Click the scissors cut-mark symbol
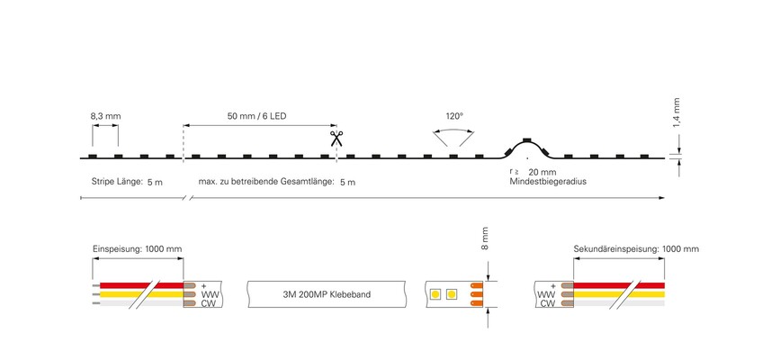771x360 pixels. pyautogui.click(x=336, y=139)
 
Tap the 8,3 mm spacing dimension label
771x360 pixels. pyautogui.click(x=105, y=117)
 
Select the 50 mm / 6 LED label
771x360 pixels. pyautogui.click(x=256, y=117)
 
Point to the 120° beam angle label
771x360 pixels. pyautogui.click(x=454, y=117)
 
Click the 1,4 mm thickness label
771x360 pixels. pyautogui.click(x=677, y=112)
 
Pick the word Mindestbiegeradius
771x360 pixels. pyautogui.click(x=548, y=182)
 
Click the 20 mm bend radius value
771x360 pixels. pyautogui.click(x=542, y=172)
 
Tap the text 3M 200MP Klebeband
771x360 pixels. pyautogui.click(x=327, y=295)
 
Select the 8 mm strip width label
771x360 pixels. pyautogui.click(x=485, y=239)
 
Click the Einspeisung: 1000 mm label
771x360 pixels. pyautogui.click(x=137, y=249)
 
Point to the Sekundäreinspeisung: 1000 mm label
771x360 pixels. pyautogui.click(x=636, y=249)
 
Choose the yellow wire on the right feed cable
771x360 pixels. pyautogui.click(x=619, y=294)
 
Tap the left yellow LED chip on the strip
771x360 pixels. pyautogui.click(x=435, y=294)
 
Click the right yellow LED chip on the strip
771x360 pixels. pyautogui.click(x=452, y=294)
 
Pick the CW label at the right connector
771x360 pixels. pyautogui.click(x=548, y=303)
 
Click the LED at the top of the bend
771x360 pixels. pyautogui.click(x=527, y=139)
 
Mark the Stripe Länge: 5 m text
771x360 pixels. pyautogui.click(x=127, y=182)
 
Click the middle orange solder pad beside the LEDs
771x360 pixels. pyautogui.click(x=477, y=294)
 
